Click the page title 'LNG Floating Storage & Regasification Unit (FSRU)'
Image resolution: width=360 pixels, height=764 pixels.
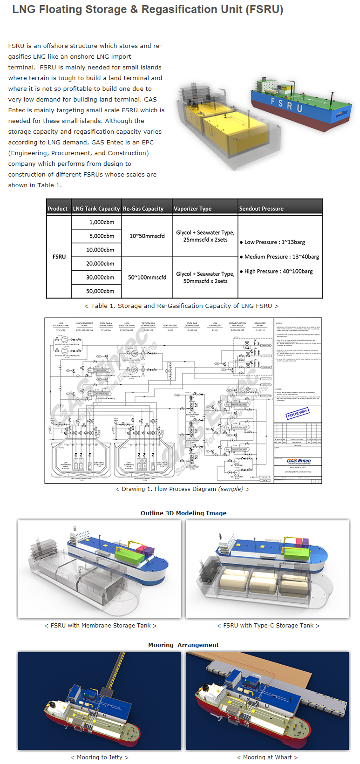click(148, 10)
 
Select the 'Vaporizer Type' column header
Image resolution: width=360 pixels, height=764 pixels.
click(192, 209)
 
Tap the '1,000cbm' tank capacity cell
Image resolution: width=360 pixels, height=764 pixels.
click(102, 222)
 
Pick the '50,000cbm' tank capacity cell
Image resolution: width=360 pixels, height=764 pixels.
click(100, 291)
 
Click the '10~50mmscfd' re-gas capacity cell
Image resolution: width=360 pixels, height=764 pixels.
click(147, 236)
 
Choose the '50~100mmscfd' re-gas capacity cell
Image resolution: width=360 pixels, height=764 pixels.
click(147, 277)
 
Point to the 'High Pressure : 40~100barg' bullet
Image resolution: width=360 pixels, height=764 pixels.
click(278, 271)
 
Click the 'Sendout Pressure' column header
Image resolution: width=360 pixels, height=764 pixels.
click(261, 209)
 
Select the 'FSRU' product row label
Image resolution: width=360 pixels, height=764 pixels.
click(59, 257)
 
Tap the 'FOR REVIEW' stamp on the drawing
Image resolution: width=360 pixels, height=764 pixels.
click(297, 413)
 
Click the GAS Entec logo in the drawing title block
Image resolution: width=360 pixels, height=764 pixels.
click(298, 461)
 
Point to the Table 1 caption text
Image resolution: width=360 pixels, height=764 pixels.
click(182, 306)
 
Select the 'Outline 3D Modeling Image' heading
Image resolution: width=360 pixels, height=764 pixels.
click(183, 513)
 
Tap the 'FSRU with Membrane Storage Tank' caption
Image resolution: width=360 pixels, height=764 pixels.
click(101, 626)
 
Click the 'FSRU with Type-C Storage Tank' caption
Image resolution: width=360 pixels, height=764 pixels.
click(268, 626)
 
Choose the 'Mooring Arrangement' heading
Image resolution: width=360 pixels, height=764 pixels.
click(183, 645)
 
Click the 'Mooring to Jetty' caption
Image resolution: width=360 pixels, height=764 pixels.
click(99, 757)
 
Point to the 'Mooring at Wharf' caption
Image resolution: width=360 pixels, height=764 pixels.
click(267, 757)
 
